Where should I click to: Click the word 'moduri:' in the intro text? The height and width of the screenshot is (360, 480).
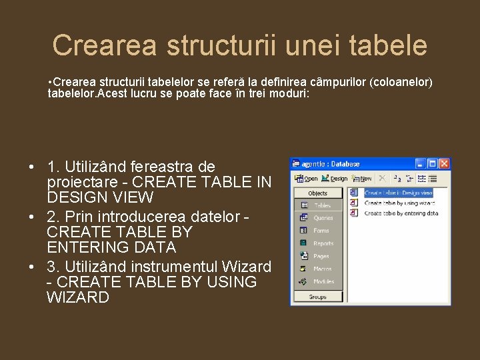(288, 93)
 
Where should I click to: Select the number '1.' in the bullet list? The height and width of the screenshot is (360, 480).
(54, 166)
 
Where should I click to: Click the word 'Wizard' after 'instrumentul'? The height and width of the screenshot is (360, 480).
(248, 267)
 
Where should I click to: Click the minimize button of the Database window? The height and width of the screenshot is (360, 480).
(421, 163)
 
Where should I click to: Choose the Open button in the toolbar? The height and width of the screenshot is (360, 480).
(306, 179)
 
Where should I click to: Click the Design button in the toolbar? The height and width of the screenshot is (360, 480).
(335, 179)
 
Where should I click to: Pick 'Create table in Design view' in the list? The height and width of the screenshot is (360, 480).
(398, 193)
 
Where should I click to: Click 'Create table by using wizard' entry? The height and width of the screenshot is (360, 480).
(400, 203)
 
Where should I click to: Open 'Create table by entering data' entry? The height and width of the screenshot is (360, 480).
(401, 213)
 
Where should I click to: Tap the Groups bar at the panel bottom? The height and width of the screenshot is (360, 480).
(318, 297)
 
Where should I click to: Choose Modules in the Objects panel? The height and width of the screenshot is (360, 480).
(323, 281)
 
